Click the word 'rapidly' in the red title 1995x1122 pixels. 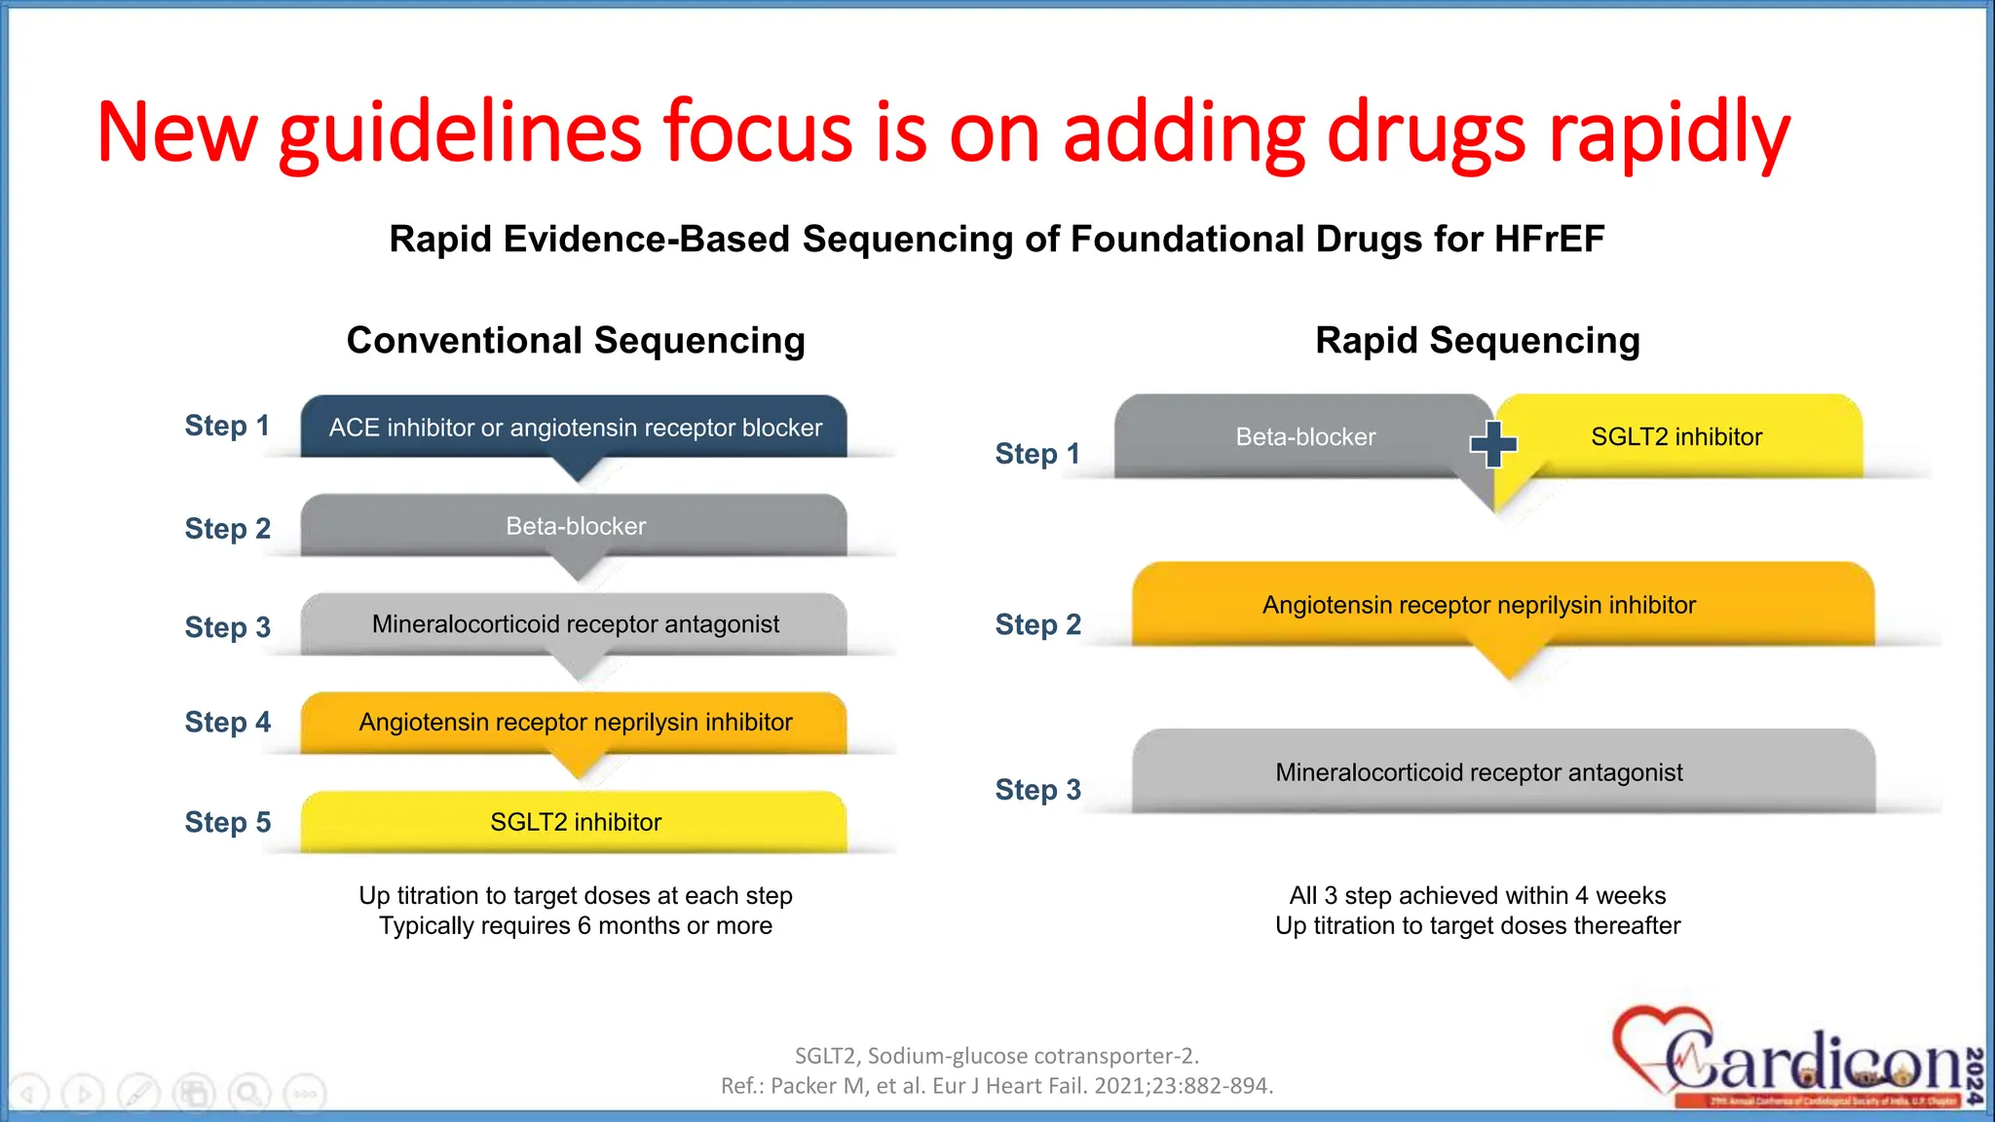(1669, 133)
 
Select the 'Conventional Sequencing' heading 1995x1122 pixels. (576, 341)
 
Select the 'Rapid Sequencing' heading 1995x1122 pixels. (1477, 341)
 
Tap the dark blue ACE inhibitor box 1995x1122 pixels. (575, 428)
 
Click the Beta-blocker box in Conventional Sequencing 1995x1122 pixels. (575, 526)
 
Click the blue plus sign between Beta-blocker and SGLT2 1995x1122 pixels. (1493, 444)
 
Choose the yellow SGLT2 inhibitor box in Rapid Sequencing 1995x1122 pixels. (1675, 437)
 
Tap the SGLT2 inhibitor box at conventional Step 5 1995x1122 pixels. (575, 822)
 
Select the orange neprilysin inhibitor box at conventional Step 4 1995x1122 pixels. (575, 722)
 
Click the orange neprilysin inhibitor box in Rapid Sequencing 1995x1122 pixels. (1479, 605)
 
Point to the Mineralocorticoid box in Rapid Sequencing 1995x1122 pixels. (1479, 772)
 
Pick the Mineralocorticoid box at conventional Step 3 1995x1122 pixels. (575, 624)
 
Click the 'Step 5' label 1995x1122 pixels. (228, 822)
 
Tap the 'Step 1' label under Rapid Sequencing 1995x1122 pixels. (1037, 454)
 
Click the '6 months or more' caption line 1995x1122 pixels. (575, 925)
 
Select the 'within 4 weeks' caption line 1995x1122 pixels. (1477, 895)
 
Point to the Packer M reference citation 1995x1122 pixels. (997, 1086)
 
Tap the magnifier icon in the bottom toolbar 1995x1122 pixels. (249, 1094)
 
